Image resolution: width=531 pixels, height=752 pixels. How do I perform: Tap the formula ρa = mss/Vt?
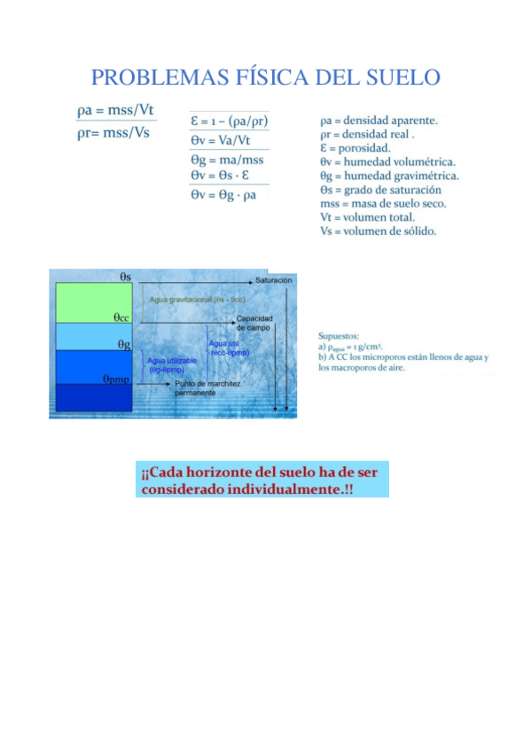click(114, 110)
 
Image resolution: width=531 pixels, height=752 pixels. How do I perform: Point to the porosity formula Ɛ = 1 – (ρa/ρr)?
click(230, 121)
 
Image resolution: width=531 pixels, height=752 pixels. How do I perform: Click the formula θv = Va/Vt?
click(220, 140)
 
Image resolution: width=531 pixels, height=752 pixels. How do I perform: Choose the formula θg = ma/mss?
click(226, 161)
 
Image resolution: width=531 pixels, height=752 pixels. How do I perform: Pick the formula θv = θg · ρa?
click(223, 194)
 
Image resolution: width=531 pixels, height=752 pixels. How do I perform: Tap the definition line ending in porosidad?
click(355, 148)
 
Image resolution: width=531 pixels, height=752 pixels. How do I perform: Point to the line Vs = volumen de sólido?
click(378, 231)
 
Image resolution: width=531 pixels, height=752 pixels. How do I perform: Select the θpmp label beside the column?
click(118, 379)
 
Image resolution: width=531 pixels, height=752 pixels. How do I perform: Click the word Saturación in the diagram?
click(274, 280)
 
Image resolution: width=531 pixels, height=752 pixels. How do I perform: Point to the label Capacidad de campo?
click(254, 323)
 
